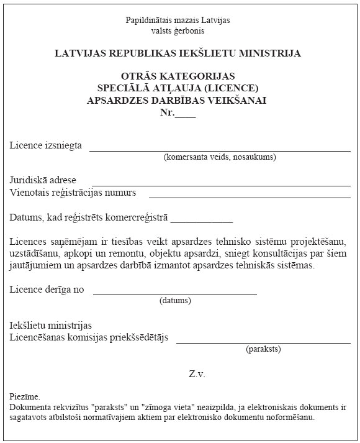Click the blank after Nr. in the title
(x=185, y=112)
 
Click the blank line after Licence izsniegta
(x=220, y=150)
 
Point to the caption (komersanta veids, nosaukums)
(x=220, y=157)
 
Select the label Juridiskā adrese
(x=43, y=180)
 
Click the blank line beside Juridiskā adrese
(x=220, y=185)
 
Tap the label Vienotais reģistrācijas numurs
(x=73, y=192)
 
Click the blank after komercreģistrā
(x=202, y=221)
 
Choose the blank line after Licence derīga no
(x=174, y=294)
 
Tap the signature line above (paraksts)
(x=263, y=342)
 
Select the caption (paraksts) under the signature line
(x=263, y=349)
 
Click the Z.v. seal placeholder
(x=197, y=374)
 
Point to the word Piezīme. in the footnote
(x=25, y=396)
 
